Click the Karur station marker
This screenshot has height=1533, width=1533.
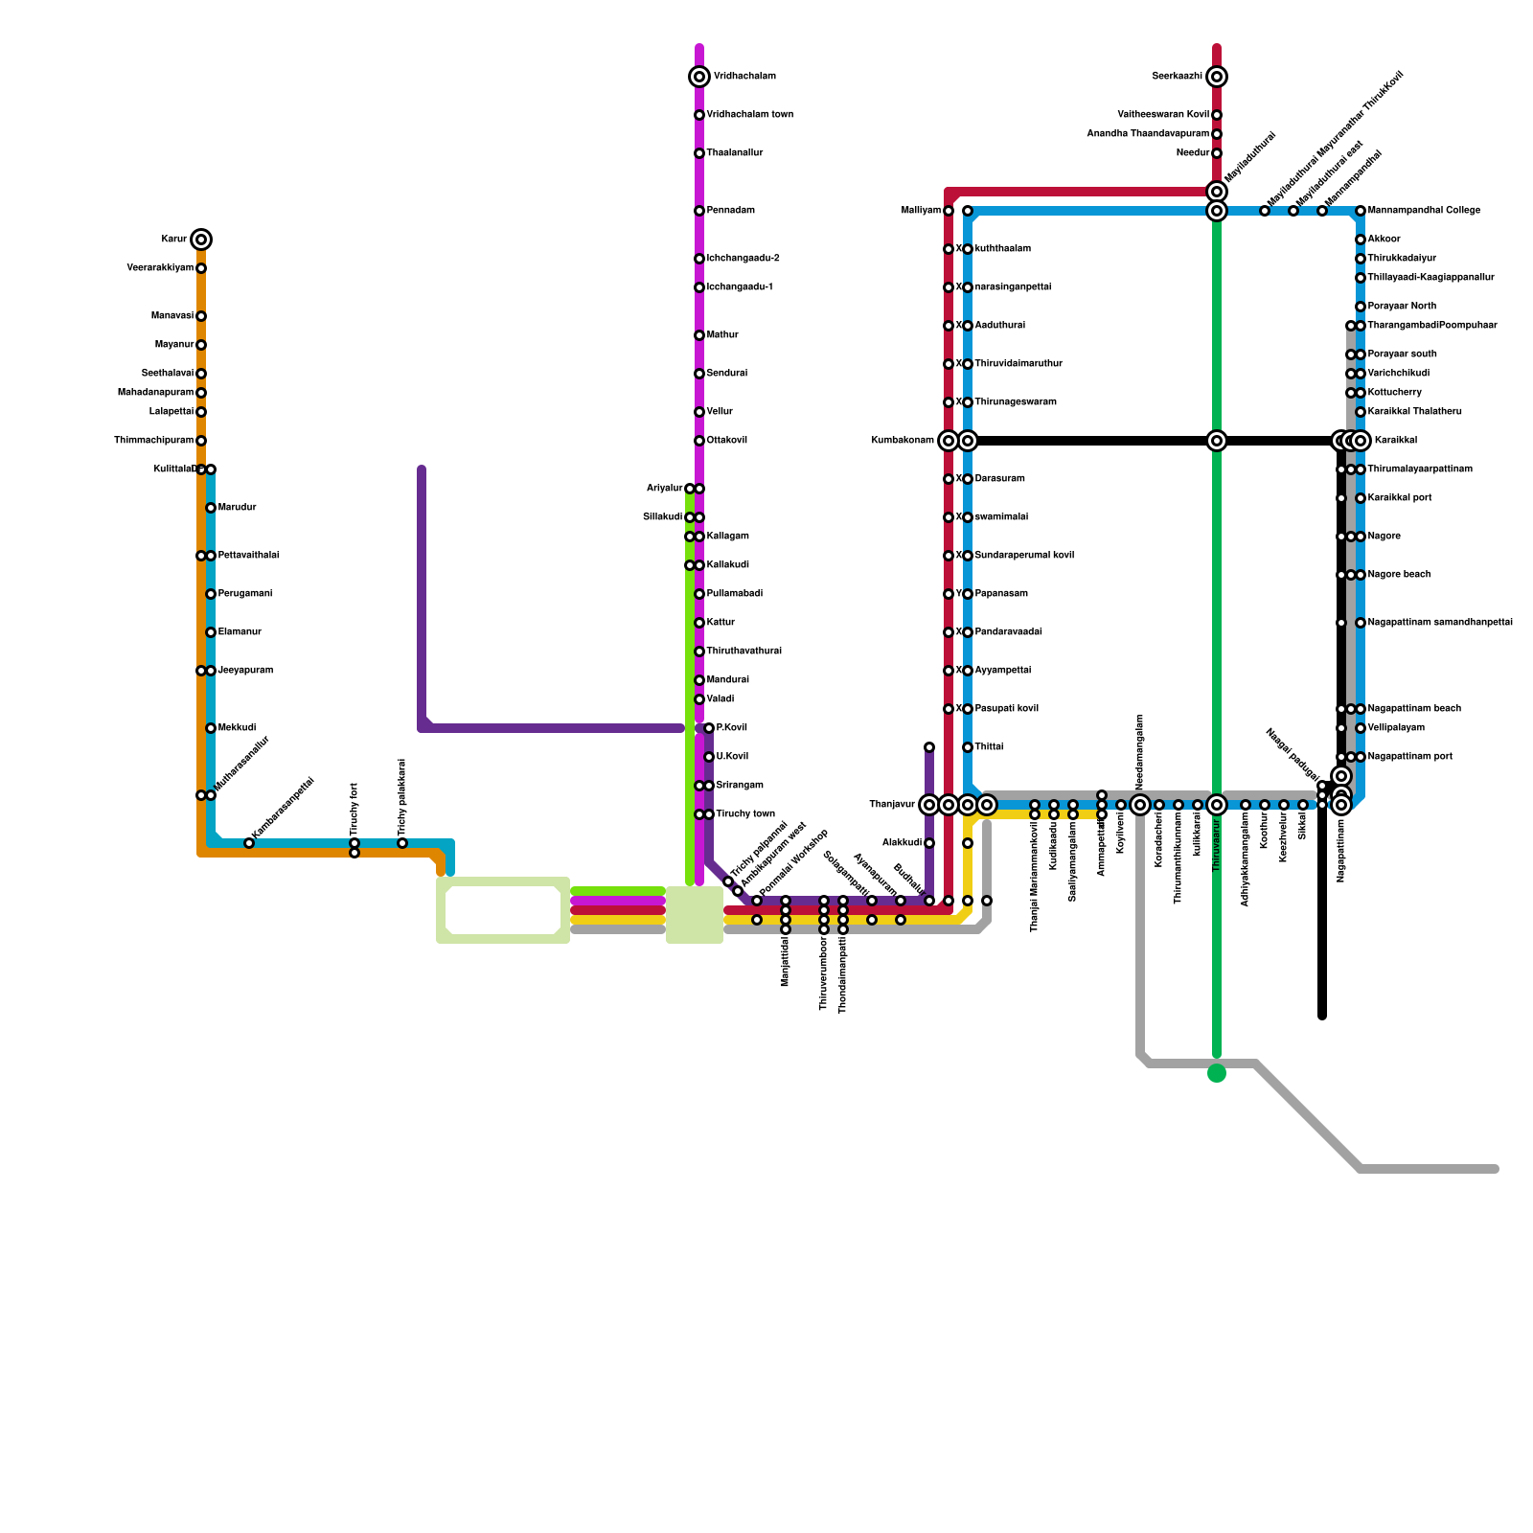pos(201,240)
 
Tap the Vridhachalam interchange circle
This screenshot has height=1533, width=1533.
pos(699,77)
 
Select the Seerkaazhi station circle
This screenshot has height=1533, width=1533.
pos(1217,77)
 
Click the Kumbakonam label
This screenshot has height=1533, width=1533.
pos(903,441)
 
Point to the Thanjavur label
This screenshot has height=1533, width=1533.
pos(892,805)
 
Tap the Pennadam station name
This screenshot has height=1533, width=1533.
pos(730,211)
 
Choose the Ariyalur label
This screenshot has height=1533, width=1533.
pos(664,489)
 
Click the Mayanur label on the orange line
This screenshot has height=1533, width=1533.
pos(174,345)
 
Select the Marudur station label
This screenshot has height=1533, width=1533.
pos(237,508)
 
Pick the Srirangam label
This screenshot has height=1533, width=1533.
pos(740,786)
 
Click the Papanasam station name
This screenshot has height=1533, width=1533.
pos(1001,594)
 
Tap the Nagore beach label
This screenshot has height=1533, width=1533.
pos(1399,575)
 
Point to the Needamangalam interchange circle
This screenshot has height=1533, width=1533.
pos(1140,805)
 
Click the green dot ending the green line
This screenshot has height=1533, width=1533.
pos(1217,1073)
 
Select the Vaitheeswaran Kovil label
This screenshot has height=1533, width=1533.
pos(1163,115)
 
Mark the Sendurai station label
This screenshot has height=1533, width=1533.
pos(727,374)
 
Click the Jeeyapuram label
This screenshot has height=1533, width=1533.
pos(245,671)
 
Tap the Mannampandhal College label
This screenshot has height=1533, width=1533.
pos(1424,211)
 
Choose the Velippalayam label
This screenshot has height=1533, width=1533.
pos(1396,728)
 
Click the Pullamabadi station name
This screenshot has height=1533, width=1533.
pos(735,594)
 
